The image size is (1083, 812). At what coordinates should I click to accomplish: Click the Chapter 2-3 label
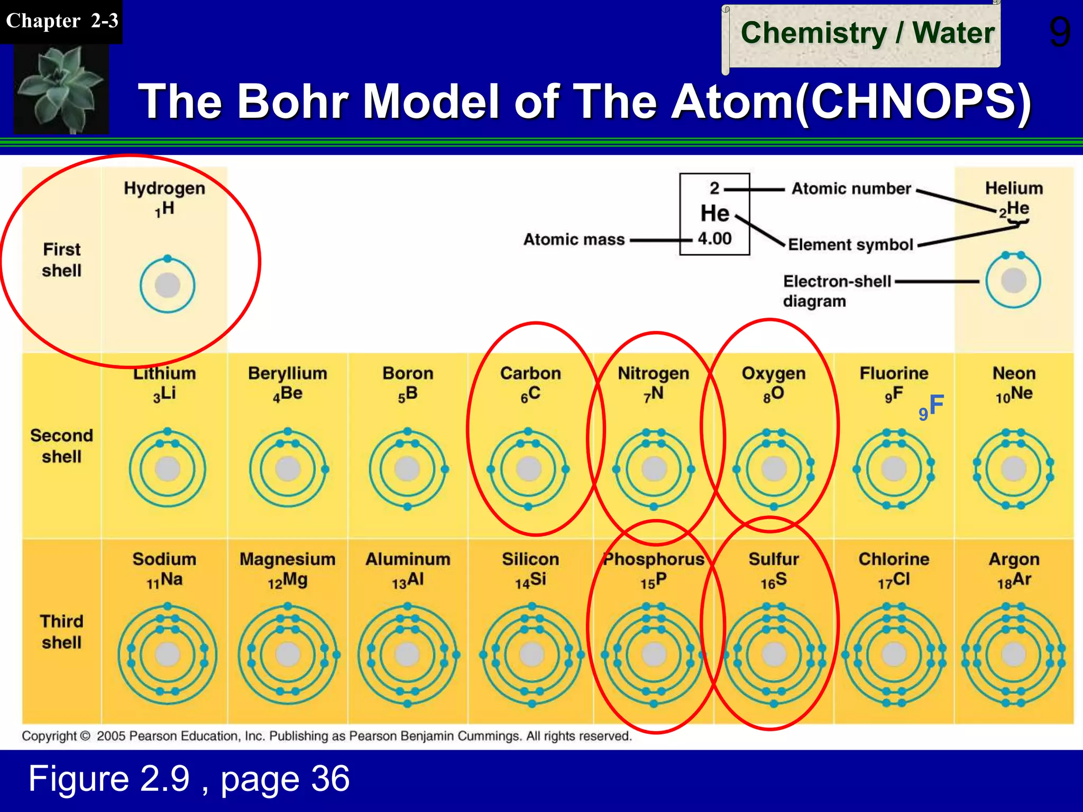(61, 21)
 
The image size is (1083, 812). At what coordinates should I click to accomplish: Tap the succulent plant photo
(61, 89)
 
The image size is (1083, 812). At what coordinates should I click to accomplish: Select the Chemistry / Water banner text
(867, 33)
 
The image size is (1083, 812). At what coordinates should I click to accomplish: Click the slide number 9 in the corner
(1059, 33)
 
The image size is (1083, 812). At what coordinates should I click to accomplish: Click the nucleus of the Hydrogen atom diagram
(168, 285)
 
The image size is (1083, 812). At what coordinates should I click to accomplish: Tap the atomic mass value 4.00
(714, 238)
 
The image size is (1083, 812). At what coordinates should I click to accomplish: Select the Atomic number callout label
(851, 189)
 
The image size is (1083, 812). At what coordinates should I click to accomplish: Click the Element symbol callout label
(850, 245)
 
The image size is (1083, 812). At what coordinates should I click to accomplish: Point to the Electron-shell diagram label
(837, 291)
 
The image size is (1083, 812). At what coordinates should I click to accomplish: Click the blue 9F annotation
(932, 407)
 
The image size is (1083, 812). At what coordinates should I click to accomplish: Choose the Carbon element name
(530, 373)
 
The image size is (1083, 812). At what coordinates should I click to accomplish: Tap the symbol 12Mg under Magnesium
(287, 581)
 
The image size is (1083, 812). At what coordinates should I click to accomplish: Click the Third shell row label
(61, 632)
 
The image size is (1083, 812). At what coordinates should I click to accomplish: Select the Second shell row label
(61, 446)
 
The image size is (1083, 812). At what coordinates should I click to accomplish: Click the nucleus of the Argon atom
(1014, 654)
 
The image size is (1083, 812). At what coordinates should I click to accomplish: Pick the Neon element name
(1014, 373)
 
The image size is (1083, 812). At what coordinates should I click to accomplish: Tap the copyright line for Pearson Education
(326, 736)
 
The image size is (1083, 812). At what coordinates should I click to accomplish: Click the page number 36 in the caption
(330, 778)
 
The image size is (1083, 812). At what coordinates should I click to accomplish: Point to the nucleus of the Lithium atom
(168, 469)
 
